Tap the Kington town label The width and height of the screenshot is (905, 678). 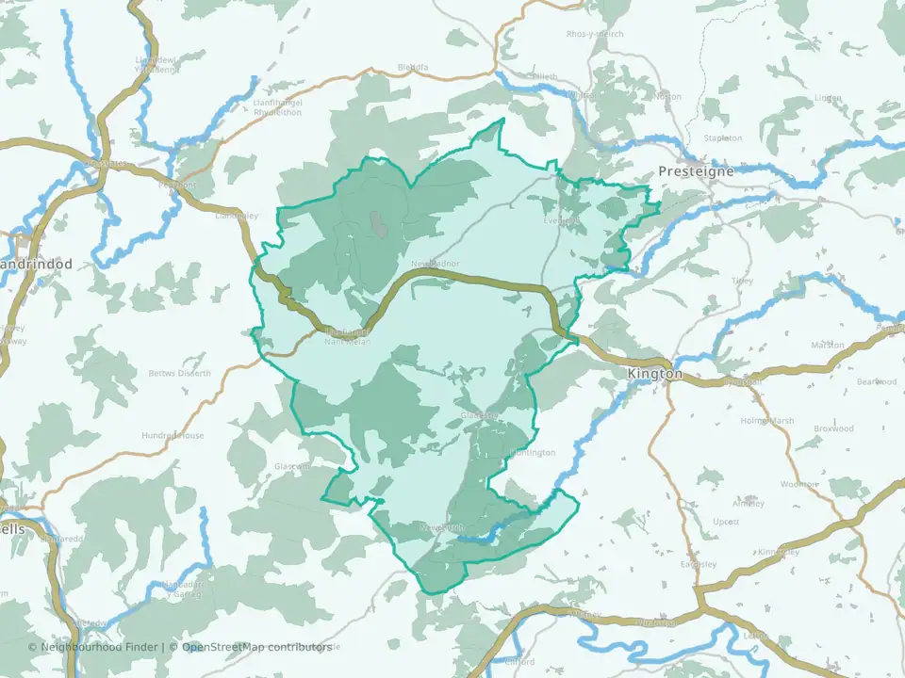(x=654, y=374)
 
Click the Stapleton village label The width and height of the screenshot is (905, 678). (x=724, y=138)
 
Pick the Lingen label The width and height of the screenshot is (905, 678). (x=828, y=97)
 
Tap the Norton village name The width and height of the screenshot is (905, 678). (x=666, y=96)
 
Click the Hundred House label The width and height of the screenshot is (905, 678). (x=173, y=436)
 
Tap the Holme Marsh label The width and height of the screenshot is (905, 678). (x=765, y=420)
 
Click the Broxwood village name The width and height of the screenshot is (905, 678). (x=833, y=428)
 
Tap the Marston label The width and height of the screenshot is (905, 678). (x=828, y=346)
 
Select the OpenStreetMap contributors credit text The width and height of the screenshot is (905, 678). (x=256, y=647)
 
